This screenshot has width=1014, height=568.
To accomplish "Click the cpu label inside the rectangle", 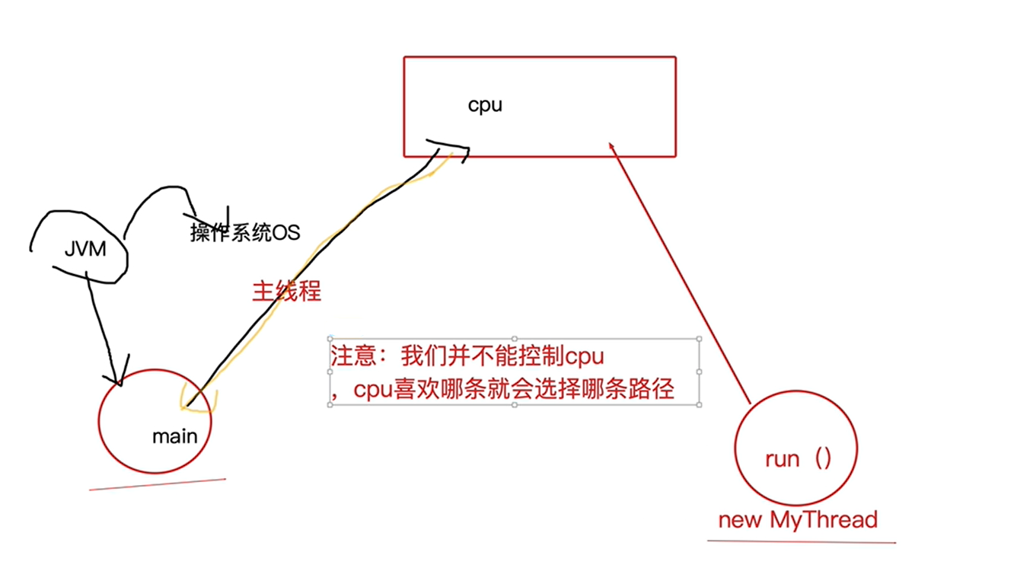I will click(x=485, y=105).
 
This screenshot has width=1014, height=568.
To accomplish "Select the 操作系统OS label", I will click(x=245, y=232).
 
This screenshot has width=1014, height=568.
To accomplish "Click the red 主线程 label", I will click(x=287, y=291).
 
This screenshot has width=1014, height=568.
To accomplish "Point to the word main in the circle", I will click(x=174, y=436).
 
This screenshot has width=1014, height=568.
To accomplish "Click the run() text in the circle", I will click(x=797, y=458).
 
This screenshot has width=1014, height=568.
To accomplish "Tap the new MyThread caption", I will click(x=798, y=520).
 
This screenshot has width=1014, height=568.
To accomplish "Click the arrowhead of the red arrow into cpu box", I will click(x=610, y=145).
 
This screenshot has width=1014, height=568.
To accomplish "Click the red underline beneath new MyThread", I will click(x=801, y=541).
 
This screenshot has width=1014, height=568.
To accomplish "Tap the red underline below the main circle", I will click(x=158, y=483).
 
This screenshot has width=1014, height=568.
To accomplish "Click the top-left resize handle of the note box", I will click(x=330, y=339).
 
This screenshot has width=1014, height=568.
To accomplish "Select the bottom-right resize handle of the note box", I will click(x=699, y=404).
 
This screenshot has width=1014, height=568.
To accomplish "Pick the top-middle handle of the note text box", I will click(x=515, y=339).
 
